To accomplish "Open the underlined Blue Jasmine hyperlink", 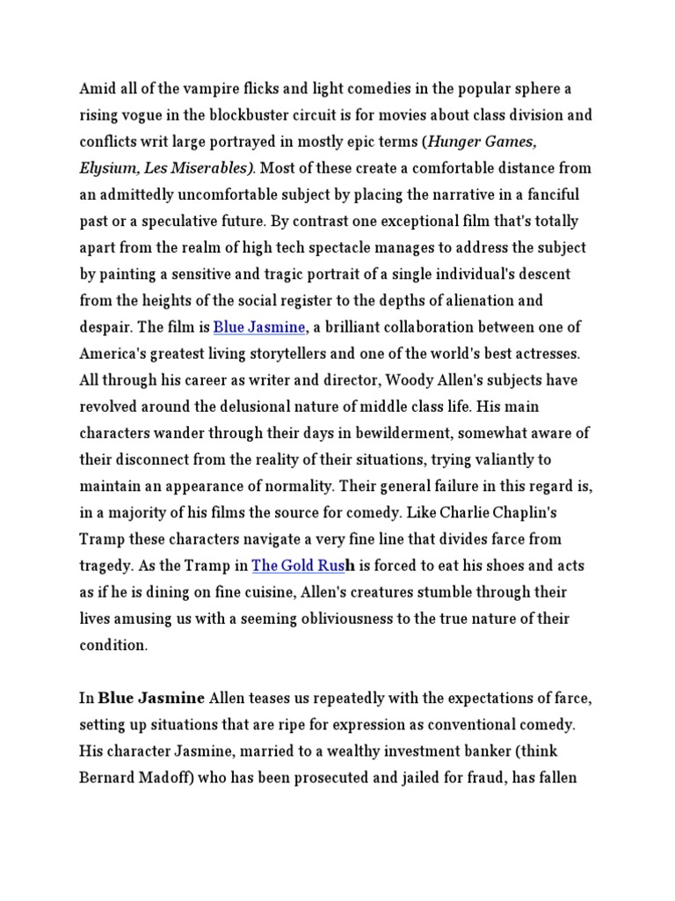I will (x=259, y=327).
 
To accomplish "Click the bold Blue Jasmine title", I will (x=151, y=699).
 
